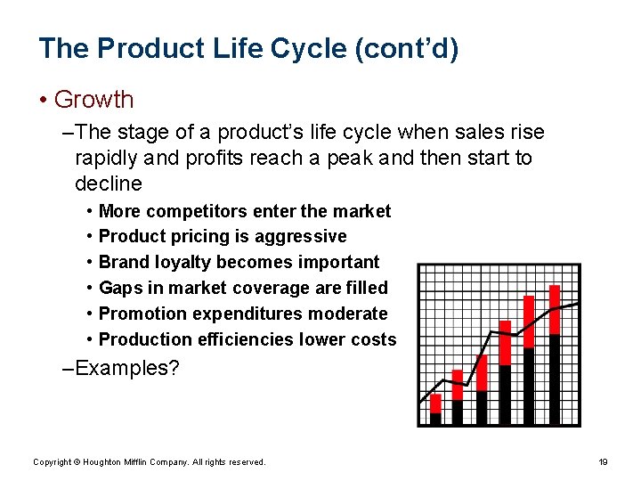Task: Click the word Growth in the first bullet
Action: [x=93, y=100]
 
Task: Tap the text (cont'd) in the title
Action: [x=406, y=48]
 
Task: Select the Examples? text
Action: [x=127, y=368]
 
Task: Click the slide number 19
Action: [x=603, y=462]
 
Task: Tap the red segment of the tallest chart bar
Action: [x=555, y=309]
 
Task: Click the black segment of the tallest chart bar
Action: [x=555, y=379]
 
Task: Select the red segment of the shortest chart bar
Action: [x=435, y=404]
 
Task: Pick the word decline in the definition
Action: [x=109, y=184]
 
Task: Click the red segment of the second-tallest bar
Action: [x=529, y=322]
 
